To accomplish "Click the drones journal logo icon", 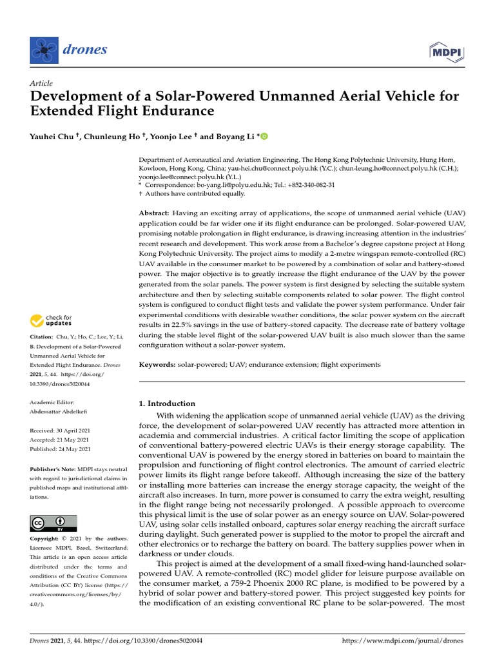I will (x=43, y=49).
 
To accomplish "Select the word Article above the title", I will (x=41, y=83).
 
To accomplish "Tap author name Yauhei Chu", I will (x=55, y=137).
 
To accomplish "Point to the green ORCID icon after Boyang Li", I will (x=264, y=137).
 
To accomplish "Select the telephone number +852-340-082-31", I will (x=311, y=184).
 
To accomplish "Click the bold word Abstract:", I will (x=155, y=213).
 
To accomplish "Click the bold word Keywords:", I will (x=157, y=365).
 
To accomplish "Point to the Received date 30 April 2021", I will (x=73, y=430).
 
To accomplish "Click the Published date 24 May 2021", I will (x=73, y=449).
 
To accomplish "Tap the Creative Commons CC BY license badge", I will (x=53, y=523).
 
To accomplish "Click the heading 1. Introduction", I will (x=168, y=403).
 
